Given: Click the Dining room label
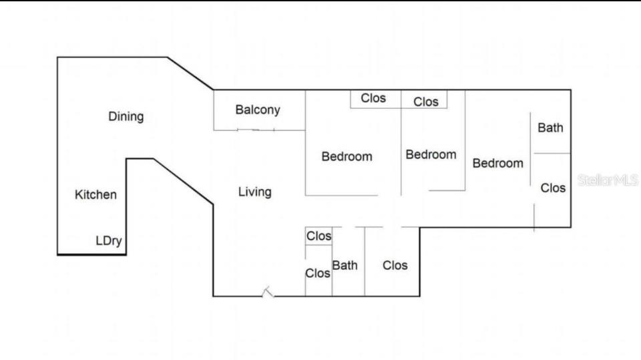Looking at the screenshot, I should coord(126,117).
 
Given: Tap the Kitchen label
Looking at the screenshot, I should coord(95,195).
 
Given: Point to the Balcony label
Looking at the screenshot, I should coord(258,110).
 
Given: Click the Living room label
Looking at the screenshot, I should coord(255,192).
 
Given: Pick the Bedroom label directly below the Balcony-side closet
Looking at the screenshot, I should coord(347,157).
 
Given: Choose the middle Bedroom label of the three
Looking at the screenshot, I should coord(431,155).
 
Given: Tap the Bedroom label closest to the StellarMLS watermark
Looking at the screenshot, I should coord(498,164).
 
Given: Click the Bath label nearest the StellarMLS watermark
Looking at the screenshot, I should coord(550,128).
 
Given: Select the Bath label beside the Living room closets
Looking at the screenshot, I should coord(345,266).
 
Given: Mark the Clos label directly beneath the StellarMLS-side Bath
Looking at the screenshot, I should coord(553,188).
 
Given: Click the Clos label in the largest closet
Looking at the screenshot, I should coord(395,266).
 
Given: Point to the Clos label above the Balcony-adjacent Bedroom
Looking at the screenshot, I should coord(373,98).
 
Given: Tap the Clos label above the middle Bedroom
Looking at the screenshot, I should coord(426,102).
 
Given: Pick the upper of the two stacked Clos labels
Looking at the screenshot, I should coord(319,236).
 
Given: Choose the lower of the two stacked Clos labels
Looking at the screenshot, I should coord(318,273).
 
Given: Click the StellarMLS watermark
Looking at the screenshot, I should coord(608,180).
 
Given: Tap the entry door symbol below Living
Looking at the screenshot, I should coord(268,292).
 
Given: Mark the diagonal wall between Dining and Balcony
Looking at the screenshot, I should coord(190,73).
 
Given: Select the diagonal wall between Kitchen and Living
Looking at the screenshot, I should coord(184,182).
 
